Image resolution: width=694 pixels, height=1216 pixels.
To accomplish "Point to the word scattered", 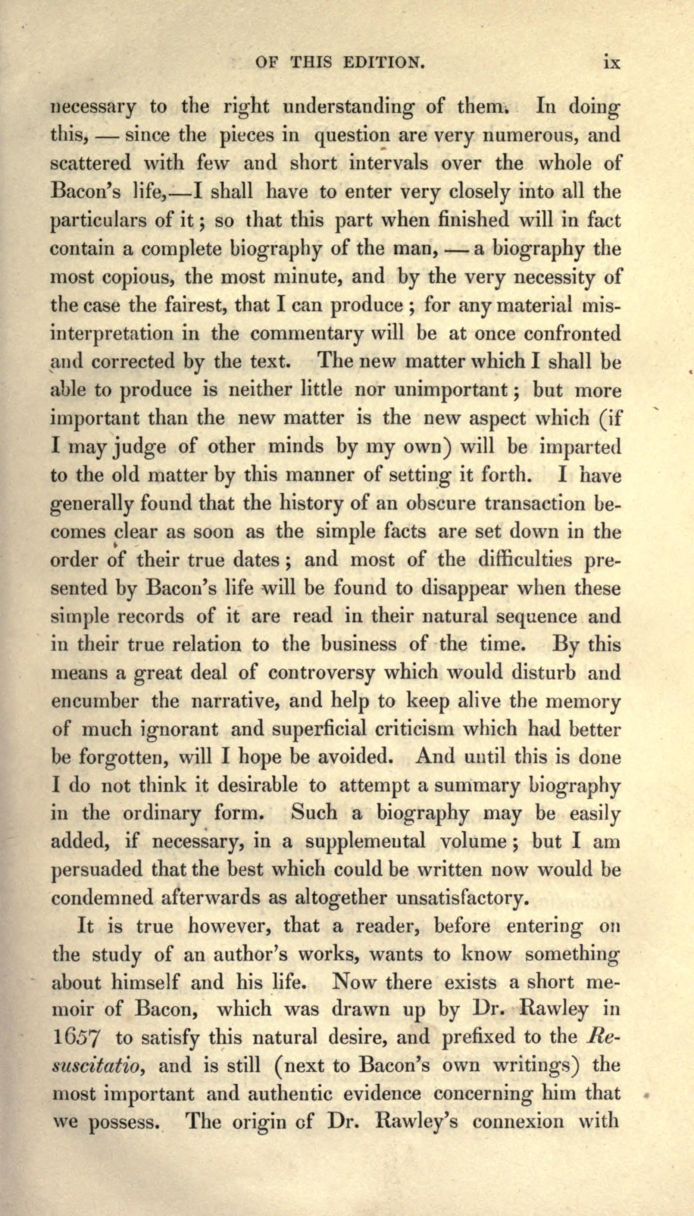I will pyautogui.click(x=91, y=163).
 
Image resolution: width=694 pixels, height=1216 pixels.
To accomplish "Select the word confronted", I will pyautogui.click(x=572, y=333).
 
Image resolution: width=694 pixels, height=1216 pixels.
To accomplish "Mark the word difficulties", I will pyautogui.click(x=522, y=560).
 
